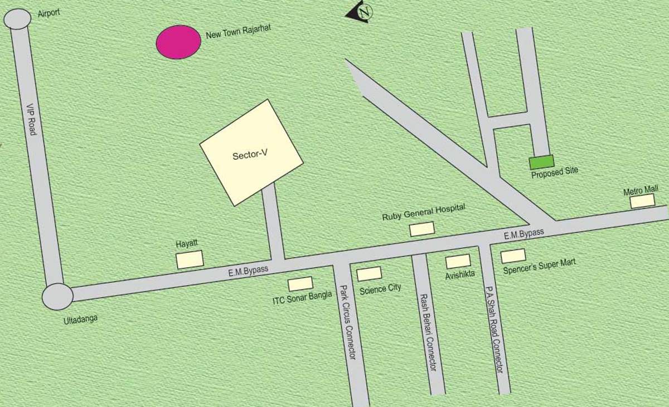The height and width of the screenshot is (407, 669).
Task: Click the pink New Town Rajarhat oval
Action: click(178, 42)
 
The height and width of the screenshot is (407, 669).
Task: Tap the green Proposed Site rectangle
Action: click(541, 162)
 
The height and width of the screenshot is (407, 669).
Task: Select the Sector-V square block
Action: click(251, 152)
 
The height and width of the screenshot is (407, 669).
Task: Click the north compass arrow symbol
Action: click(360, 13)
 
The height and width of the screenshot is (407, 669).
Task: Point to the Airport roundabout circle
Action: click(18, 19)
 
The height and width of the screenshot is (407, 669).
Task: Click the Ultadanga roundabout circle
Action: click(57, 296)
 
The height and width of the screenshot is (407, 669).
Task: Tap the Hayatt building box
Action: click(190, 259)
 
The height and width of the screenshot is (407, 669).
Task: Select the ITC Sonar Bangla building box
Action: click(300, 283)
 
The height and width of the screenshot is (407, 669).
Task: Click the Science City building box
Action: click(369, 274)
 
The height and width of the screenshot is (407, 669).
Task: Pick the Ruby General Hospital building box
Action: click(422, 229)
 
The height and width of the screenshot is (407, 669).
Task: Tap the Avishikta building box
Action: click(458, 261)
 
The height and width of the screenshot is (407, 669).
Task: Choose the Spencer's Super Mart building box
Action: click(513, 256)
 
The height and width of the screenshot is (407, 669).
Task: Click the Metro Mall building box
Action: click(642, 201)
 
